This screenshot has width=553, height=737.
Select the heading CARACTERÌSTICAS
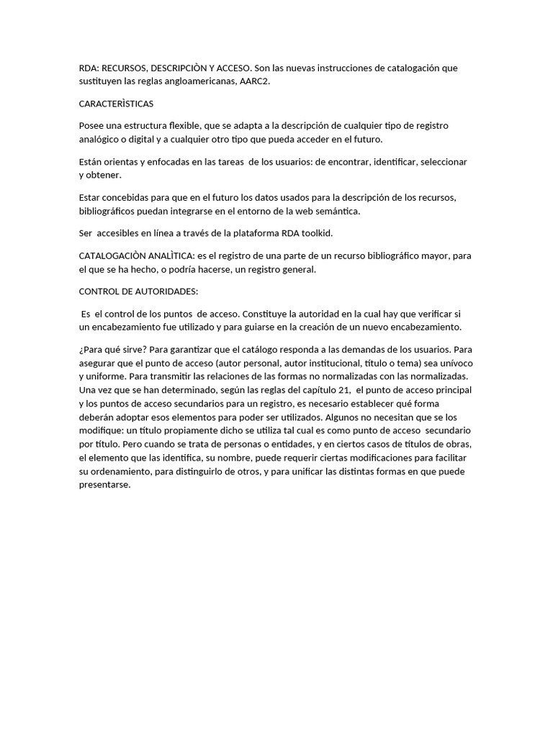point(116,104)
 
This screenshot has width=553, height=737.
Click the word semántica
point(337,212)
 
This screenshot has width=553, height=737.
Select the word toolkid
point(317,233)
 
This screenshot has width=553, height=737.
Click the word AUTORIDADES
point(163,291)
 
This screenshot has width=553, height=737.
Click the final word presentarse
point(105,485)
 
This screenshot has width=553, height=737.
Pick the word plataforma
point(243,233)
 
